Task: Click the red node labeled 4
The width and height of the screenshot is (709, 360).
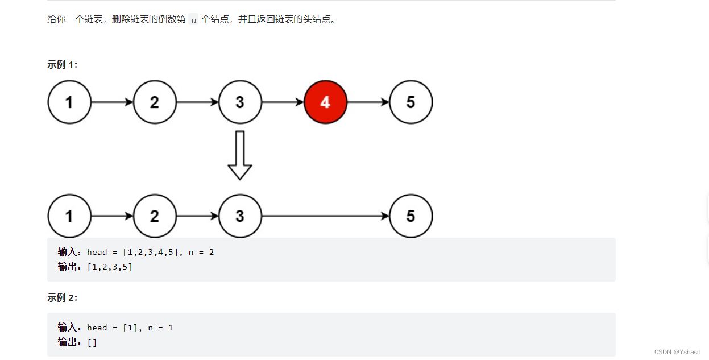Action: pyautogui.click(x=325, y=102)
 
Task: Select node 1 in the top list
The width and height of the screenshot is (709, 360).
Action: pyautogui.click(x=69, y=102)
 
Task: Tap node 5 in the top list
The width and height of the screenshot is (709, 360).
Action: pyautogui.click(x=411, y=102)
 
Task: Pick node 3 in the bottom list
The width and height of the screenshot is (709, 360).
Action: pyautogui.click(x=240, y=216)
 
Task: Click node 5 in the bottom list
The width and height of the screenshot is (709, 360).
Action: pyautogui.click(x=411, y=216)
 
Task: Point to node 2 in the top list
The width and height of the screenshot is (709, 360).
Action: pyautogui.click(x=155, y=102)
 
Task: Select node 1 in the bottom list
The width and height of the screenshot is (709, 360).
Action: pyautogui.click(x=69, y=216)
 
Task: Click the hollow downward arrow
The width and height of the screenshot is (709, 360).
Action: pyautogui.click(x=240, y=155)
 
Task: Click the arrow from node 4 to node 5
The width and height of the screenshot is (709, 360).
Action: pyautogui.click(x=368, y=102)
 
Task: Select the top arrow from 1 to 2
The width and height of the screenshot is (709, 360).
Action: pyautogui.click(x=112, y=102)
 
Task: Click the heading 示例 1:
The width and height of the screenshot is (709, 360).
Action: pyautogui.click(x=62, y=64)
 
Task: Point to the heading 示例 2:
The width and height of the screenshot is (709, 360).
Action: pyautogui.click(x=62, y=297)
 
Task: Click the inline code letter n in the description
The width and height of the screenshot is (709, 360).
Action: pyautogui.click(x=193, y=20)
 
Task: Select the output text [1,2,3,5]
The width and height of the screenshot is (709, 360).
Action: pyautogui.click(x=110, y=267)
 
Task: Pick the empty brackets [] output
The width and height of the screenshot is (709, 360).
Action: pyautogui.click(x=92, y=342)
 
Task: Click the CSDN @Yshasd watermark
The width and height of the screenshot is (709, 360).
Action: pyautogui.click(x=677, y=352)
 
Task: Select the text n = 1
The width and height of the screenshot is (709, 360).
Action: pyautogui.click(x=160, y=328)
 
